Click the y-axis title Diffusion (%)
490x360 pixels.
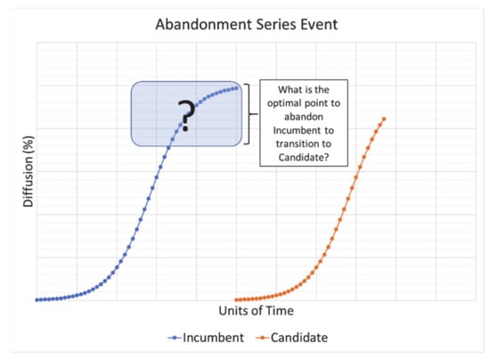tap(28, 171)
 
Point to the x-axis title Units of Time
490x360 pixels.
tap(257, 311)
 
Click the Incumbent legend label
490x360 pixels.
tap(213, 338)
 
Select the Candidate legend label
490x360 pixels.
tap(299, 338)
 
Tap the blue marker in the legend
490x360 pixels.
tap(175, 338)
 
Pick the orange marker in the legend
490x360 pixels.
tap(263, 338)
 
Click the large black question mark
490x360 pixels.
tap(186, 115)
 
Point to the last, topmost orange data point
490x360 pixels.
tap(384, 119)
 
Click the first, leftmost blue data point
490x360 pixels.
tap(37, 300)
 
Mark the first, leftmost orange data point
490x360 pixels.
tap(236, 300)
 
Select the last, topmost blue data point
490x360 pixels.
tap(236, 88)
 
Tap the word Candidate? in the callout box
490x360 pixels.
tap(304, 157)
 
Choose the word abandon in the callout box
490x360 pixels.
tap(304, 117)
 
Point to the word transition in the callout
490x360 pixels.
tap(295, 143)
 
